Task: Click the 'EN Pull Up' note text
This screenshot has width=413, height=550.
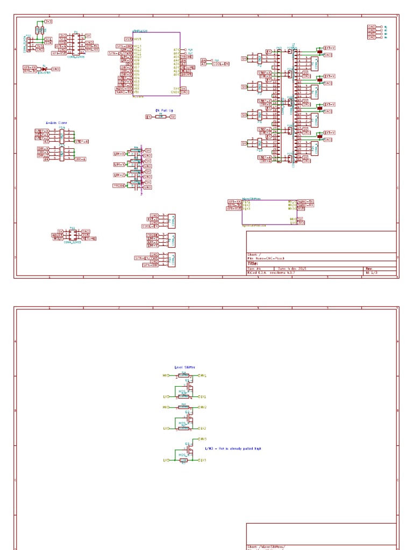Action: click(165, 110)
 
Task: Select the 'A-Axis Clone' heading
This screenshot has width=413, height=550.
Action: click(56, 123)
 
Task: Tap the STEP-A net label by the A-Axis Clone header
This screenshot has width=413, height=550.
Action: click(82, 141)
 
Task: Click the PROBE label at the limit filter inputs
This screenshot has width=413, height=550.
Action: click(118, 185)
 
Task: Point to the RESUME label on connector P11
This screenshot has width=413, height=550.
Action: click(89, 238)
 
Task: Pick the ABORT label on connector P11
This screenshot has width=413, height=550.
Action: click(58, 235)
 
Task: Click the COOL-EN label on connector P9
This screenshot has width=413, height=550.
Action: click(150, 226)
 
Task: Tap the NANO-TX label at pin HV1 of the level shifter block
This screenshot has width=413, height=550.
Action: click(305, 201)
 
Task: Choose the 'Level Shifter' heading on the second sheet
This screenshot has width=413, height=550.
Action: click(185, 367)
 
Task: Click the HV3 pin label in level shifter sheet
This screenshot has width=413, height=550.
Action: click(203, 439)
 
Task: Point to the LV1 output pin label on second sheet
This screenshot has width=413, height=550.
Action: click(203, 396)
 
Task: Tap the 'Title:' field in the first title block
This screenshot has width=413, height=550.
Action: click(253, 263)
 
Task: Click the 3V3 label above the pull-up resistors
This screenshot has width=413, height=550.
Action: click(48, 21)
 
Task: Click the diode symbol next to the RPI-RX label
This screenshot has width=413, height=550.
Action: click(43, 69)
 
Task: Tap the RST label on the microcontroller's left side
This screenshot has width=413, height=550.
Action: click(128, 39)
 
